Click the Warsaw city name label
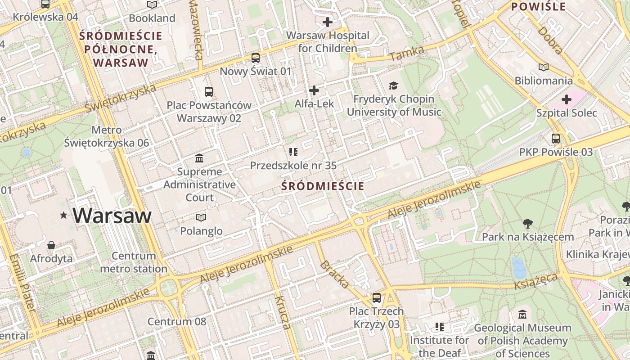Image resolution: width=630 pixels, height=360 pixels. coord(112,216)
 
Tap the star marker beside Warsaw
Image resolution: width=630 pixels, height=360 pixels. coord(64,216)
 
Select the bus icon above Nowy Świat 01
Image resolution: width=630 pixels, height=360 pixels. coord(255,58)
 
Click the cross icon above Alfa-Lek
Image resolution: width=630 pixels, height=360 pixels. coord(314,90)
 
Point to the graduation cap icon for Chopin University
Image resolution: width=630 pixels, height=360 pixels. coord(394,85)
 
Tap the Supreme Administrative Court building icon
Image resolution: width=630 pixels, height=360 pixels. coord(199,158)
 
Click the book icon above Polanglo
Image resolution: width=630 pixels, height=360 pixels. coord(201,218)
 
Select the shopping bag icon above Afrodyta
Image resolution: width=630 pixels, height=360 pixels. coord(51,246)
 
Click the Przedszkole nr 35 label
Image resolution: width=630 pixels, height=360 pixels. coord(293,166)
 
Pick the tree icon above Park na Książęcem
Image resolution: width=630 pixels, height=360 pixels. coord(527,223)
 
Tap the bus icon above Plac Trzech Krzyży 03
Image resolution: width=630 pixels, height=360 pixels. coord(376,298)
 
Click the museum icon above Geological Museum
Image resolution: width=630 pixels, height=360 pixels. coord(522,315)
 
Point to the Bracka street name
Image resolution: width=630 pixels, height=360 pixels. coord(334,274)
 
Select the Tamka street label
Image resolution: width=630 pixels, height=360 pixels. coord(407,54)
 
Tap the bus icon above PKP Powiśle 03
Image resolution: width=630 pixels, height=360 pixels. coord(556,139)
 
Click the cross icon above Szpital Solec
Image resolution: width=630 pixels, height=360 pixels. coord(566,99)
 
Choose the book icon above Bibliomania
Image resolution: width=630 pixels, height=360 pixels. coord(544,67)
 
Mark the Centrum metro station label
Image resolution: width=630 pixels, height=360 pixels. coord(134,262)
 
